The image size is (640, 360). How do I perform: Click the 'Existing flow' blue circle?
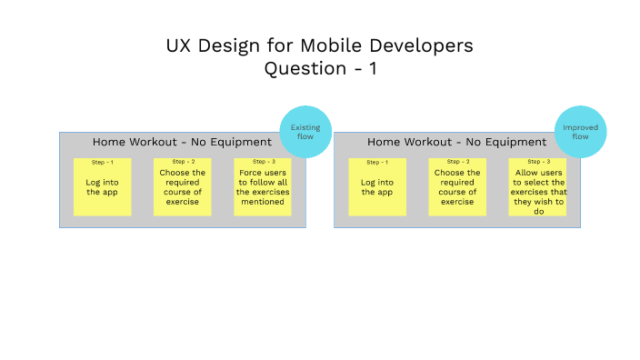pos(305,132)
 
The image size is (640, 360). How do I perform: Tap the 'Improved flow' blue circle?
pos(580,132)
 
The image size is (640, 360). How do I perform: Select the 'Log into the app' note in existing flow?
pos(102,187)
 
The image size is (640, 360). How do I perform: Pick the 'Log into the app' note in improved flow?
pos(376,187)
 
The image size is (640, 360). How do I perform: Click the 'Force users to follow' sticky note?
pos(262,187)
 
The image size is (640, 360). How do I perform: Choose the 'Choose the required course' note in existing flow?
pos(182,187)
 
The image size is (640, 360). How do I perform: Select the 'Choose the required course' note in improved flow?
pos(456,187)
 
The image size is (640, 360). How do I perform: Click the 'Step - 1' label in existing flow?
pos(103,162)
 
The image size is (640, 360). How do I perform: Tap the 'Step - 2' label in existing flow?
pos(183,162)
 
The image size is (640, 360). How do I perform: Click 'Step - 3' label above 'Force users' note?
pos(263,162)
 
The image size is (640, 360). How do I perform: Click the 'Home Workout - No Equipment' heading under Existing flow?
pos(182,142)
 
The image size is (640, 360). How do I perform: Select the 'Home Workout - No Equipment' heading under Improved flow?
pos(456,142)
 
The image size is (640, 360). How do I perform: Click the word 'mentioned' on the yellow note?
pos(262,202)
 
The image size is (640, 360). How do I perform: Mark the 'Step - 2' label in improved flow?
pos(457,162)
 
